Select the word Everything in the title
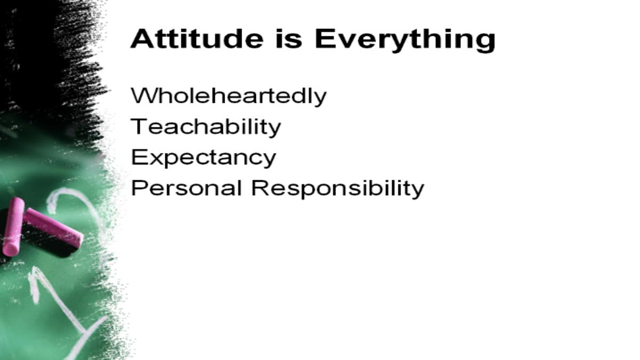[405, 41]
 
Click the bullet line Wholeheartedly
[229, 97]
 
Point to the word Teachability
[206, 127]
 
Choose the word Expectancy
[203, 158]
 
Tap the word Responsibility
[338, 189]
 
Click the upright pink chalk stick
[13, 227]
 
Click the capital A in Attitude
[141, 38]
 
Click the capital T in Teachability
[139, 126]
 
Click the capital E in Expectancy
[139, 157]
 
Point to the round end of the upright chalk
[10, 249]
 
